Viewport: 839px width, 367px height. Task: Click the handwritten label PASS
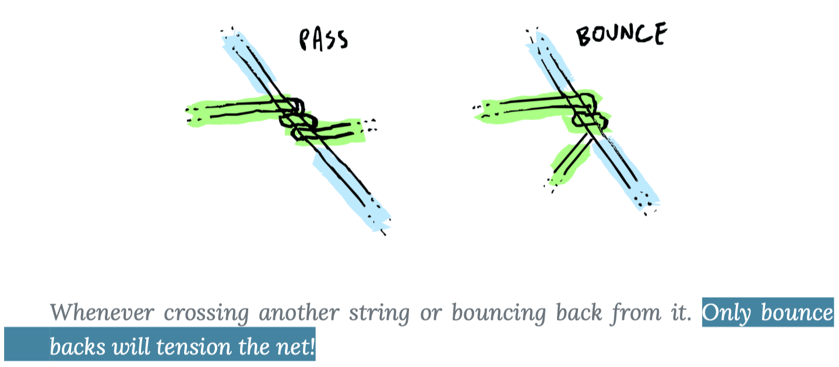coord(323,40)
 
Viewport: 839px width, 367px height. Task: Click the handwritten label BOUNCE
coord(620,36)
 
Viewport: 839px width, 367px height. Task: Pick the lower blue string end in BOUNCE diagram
coord(638,186)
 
